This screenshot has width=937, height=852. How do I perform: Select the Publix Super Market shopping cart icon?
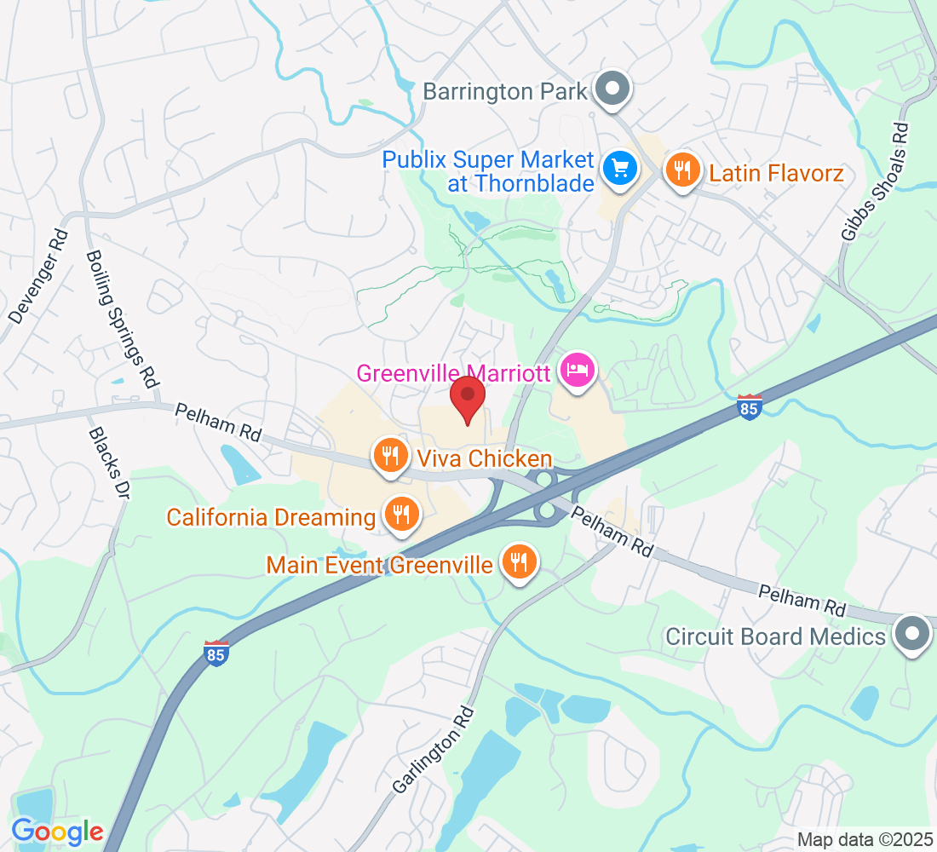619,168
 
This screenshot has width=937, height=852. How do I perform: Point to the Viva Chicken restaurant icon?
391,455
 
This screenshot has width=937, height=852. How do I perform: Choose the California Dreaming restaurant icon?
399,515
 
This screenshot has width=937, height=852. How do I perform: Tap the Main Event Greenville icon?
516,561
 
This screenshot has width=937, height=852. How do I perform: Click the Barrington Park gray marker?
611,89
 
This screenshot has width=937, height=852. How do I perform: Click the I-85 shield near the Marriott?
749,406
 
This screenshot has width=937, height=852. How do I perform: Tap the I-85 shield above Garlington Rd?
216,653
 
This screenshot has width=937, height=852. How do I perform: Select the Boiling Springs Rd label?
124,319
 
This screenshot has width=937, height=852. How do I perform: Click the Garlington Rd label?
435,750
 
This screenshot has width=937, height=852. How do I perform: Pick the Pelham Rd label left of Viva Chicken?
218,422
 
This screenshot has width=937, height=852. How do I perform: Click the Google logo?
57,832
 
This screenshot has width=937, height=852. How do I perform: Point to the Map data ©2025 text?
865,839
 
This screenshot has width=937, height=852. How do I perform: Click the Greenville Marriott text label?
454,373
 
